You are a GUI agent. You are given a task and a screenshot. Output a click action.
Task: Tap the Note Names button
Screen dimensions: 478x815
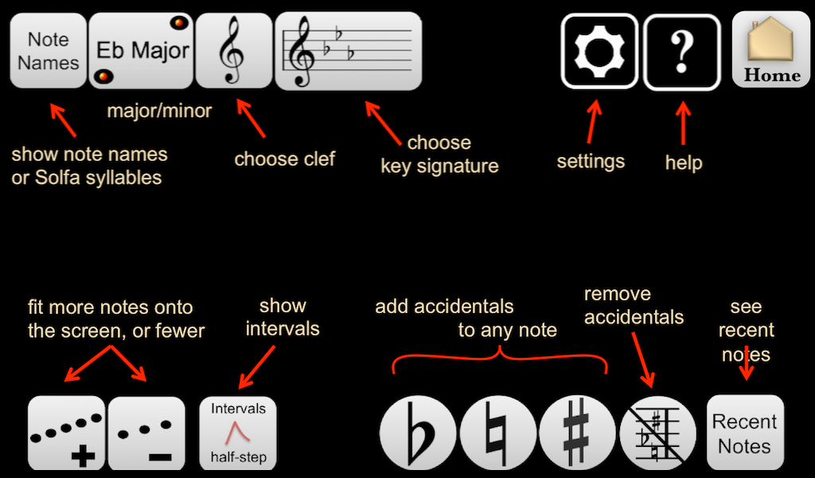pyautogui.click(x=48, y=50)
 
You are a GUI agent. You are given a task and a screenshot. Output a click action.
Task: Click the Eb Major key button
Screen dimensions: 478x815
pyautogui.click(x=142, y=50)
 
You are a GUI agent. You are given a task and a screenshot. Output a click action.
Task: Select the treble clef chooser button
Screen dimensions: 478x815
pyautogui.click(x=233, y=50)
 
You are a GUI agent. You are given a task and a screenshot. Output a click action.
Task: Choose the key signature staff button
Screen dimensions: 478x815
pyautogui.click(x=348, y=50)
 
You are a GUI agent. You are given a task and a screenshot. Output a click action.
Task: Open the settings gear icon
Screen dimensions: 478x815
pyautogui.click(x=599, y=51)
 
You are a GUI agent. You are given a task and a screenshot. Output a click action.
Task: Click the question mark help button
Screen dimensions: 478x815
pyautogui.click(x=681, y=51)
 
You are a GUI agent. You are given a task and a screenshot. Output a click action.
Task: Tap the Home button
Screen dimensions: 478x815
pyautogui.click(x=771, y=49)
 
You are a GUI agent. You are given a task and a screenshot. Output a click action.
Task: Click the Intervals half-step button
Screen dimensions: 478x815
pyautogui.click(x=238, y=433)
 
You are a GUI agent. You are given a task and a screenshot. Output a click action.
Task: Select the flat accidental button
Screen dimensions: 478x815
pyautogui.click(x=418, y=436)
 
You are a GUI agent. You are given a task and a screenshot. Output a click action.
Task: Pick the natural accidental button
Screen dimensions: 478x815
pyautogui.click(x=497, y=436)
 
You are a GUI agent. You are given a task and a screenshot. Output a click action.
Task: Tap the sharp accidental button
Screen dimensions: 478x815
pyautogui.click(x=577, y=436)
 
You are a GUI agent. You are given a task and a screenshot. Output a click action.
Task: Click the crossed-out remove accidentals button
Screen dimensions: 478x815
pyautogui.click(x=657, y=434)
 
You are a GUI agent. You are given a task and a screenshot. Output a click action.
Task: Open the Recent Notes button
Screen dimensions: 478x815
pyautogui.click(x=745, y=433)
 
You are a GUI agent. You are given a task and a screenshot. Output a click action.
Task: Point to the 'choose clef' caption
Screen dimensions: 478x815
pyautogui.click(x=284, y=159)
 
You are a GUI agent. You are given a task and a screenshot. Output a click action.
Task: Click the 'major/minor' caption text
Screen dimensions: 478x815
pyautogui.click(x=159, y=111)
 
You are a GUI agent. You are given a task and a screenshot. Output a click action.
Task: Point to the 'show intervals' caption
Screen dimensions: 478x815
pyautogui.click(x=283, y=316)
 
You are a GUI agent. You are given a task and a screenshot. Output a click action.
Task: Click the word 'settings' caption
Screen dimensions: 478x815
pyautogui.click(x=591, y=161)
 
